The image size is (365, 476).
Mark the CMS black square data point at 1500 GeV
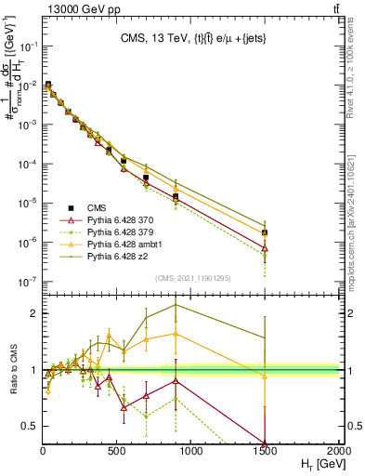click(265, 232)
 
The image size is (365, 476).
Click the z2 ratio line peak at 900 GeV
click(176, 305)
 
